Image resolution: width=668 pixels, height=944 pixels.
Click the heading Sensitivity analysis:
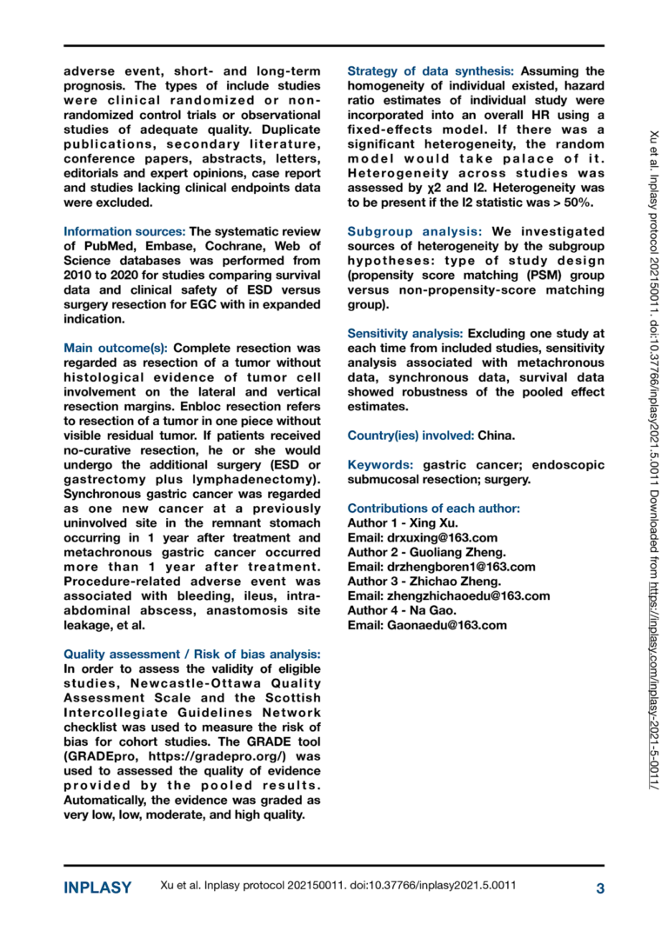point(404,334)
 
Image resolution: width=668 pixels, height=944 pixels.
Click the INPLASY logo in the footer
point(97,887)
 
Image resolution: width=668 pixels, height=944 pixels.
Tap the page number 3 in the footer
point(599,887)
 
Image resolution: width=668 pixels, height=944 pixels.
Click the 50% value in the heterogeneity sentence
point(575,202)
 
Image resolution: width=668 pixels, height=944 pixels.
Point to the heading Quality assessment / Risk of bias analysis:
point(192,654)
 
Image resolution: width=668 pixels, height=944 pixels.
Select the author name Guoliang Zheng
point(451,552)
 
